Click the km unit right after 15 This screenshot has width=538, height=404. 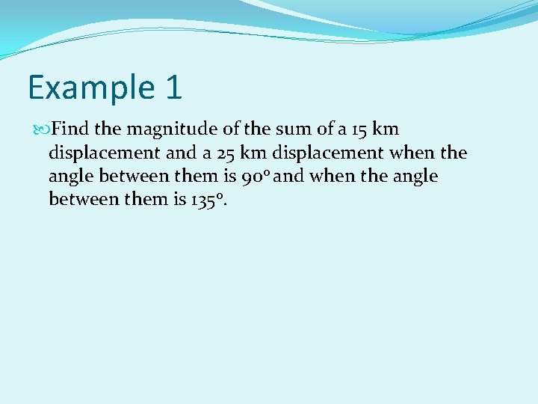(386, 129)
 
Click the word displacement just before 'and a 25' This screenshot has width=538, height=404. (105, 153)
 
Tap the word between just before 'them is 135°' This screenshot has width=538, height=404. (81, 200)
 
